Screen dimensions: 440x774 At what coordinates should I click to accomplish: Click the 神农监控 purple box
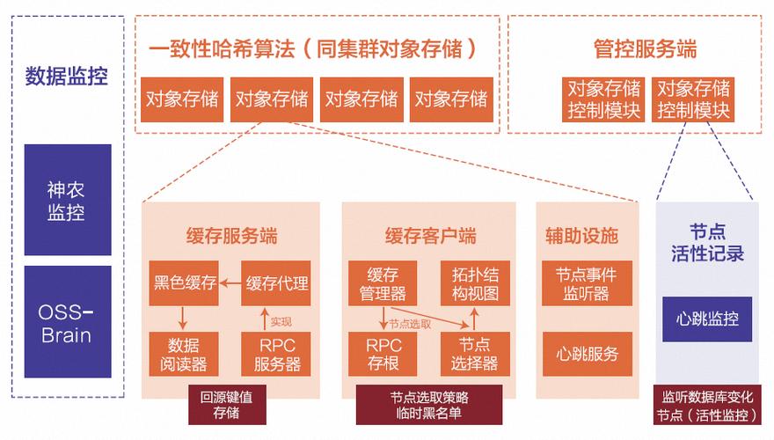pos(68,200)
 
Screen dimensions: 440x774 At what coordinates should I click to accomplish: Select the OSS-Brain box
pos(68,323)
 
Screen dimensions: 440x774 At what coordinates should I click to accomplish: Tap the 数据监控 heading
pos(67,76)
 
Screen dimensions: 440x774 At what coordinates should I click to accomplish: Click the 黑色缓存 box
pos(185,283)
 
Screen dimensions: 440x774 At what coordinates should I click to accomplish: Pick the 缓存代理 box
pos(277,283)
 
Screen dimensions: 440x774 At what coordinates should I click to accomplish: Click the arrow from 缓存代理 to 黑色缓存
pos(230,283)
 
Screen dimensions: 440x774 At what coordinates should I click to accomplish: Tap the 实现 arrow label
pos(281,321)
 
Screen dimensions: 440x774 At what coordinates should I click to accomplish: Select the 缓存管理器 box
pos(383,283)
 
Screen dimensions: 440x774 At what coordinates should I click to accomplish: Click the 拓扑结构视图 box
pos(475,283)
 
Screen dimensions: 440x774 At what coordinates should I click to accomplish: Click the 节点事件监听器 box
pos(587,283)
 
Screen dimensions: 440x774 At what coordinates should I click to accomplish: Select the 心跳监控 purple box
pos(707,319)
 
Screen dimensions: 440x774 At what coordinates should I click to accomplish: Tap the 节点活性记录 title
pos(707,242)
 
